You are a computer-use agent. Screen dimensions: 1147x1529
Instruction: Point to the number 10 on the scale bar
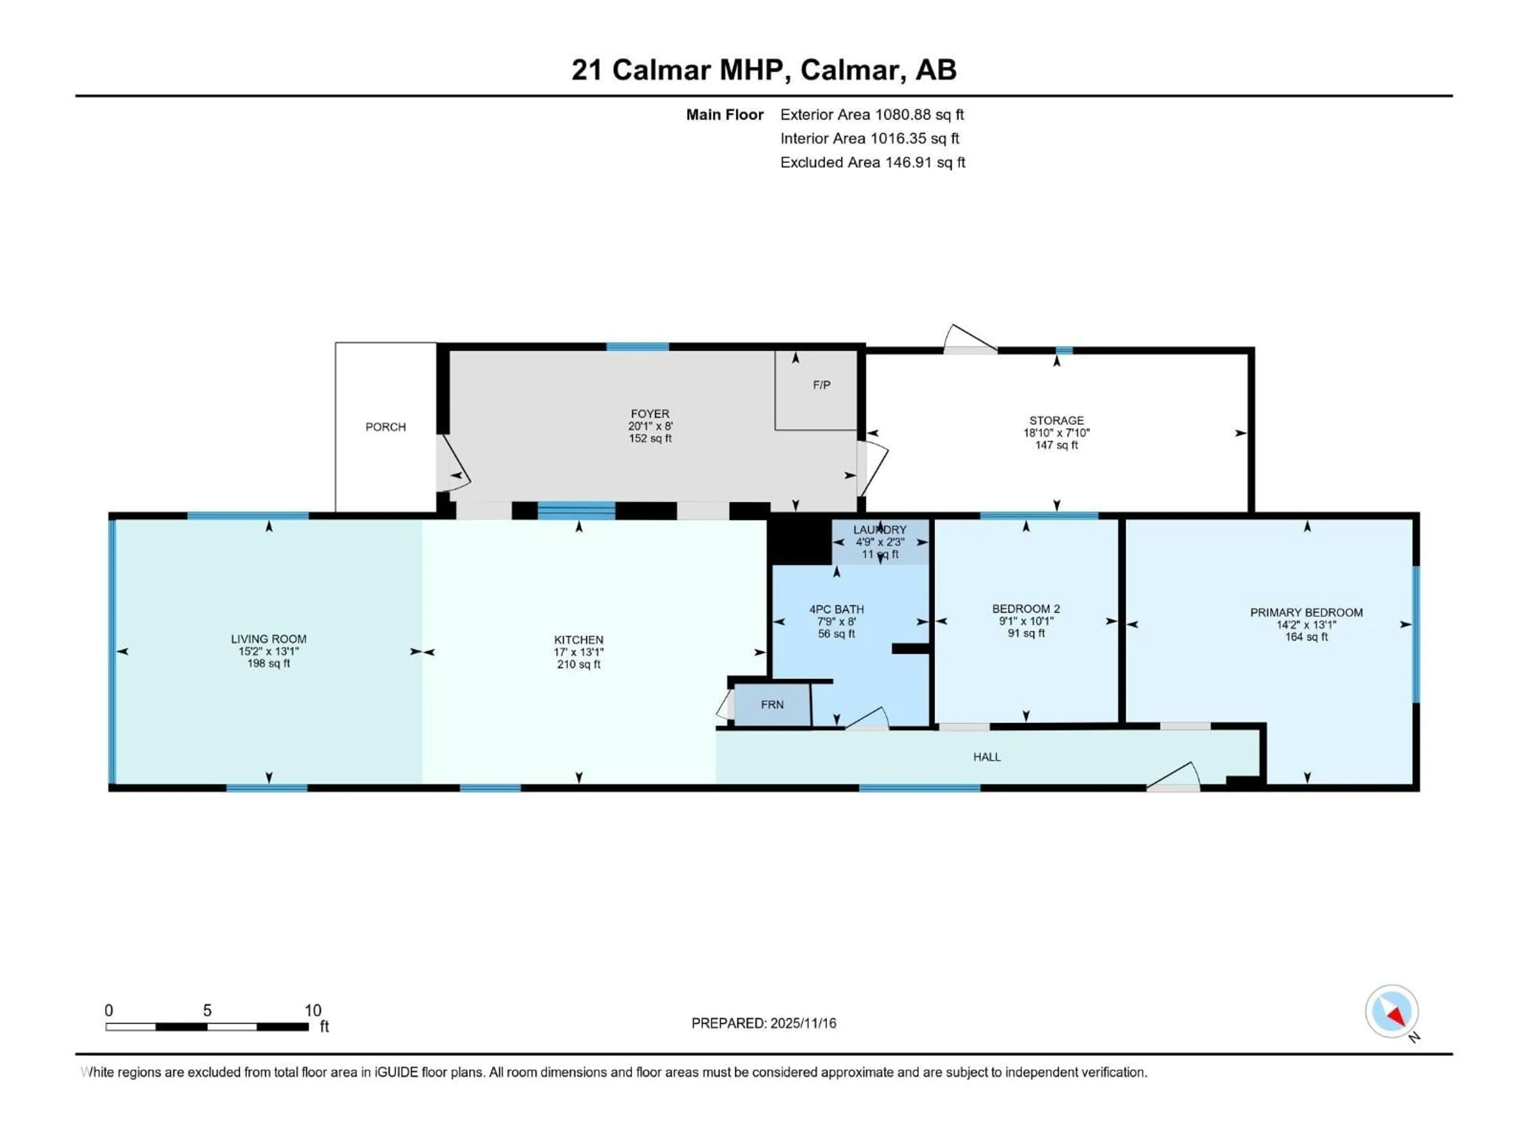click(313, 1010)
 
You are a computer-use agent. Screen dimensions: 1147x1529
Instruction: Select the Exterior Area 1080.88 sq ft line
click(872, 115)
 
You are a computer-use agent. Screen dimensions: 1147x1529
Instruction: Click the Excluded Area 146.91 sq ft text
click(872, 162)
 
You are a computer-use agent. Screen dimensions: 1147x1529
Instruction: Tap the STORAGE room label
click(1056, 420)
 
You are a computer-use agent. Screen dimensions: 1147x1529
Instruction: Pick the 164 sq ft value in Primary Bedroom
click(1306, 637)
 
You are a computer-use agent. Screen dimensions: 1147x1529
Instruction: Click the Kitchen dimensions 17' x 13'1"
click(579, 652)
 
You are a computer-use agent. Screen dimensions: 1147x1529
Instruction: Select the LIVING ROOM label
click(268, 639)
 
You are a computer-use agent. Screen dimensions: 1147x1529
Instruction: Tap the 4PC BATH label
click(837, 609)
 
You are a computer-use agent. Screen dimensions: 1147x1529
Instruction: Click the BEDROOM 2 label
click(1026, 609)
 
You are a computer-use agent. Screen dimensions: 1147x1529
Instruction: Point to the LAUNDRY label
click(879, 530)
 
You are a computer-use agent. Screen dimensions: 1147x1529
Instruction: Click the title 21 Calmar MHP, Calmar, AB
click(764, 70)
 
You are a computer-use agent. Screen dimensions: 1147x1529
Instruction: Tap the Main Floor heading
click(724, 115)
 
